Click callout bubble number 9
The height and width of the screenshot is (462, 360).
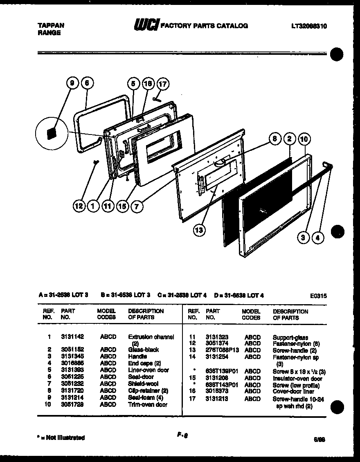click(x=72, y=83)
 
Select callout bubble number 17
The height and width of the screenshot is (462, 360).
click(x=162, y=84)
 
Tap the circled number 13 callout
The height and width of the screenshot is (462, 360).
click(x=199, y=230)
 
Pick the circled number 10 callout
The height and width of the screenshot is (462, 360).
click(x=304, y=140)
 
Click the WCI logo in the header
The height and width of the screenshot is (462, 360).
click(x=145, y=26)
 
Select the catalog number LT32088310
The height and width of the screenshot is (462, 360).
click(x=309, y=26)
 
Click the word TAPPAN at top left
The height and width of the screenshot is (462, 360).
click(x=50, y=25)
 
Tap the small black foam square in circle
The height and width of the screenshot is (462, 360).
click(x=52, y=134)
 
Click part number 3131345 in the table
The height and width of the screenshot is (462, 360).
click(x=72, y=357)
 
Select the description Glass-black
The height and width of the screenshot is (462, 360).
click(x=143, y=350)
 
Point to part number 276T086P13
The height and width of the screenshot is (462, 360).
click(x=222, y=350)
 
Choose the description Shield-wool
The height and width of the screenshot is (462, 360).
click(x=143, y=384)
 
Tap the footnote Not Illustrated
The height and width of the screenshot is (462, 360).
click(x=61, y=438)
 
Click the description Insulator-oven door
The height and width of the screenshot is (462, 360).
click(x=297, y=378)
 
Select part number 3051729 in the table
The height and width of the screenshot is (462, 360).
click(x=72, y=405)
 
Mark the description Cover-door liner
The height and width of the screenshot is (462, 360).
click(x=293, y=391)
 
